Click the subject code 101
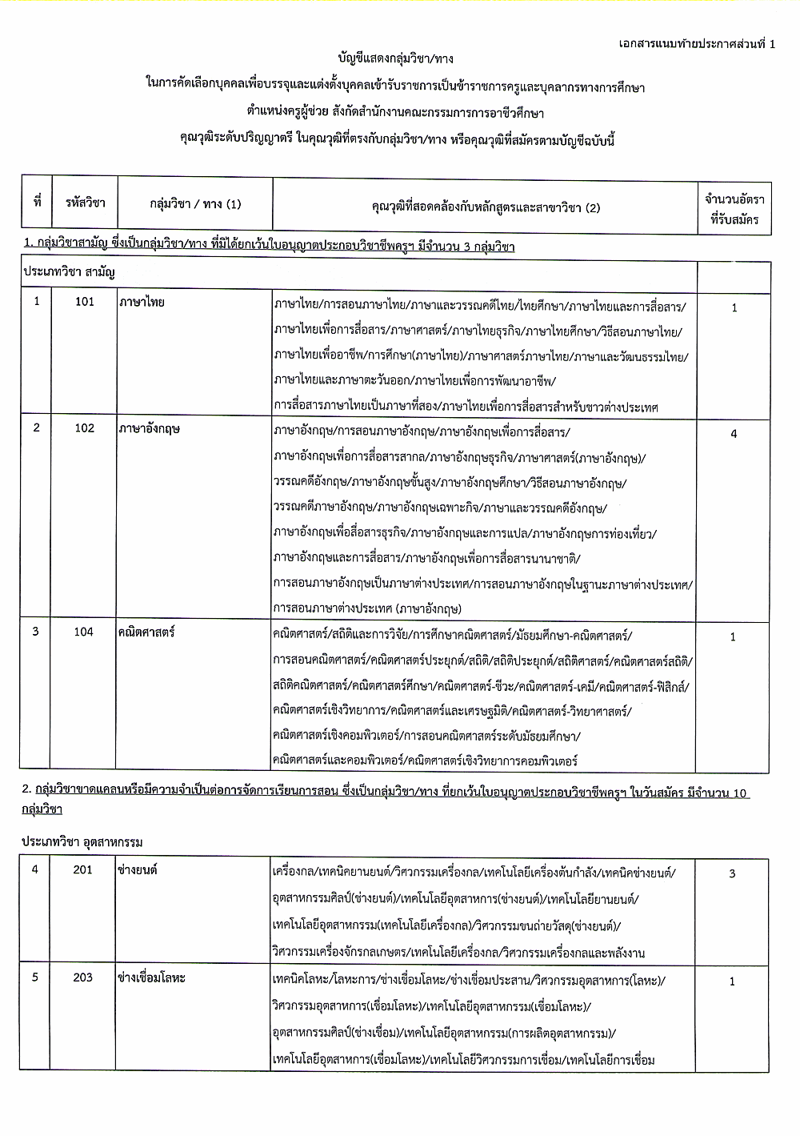[x=84, y=302]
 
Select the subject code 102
[x=84, y=428]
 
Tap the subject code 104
[x=84, y=632]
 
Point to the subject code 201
[x=83, y=869]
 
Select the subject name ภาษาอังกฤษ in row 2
[x=150, y=428]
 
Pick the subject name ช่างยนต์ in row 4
[x=138, y=870]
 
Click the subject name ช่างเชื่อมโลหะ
[x=151, y=977]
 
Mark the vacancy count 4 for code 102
[x=734, y=434]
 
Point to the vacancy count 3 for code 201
[x=732, y=873]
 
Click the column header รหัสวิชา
[x=85, y=203]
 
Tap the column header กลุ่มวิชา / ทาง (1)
[x=195, y=204]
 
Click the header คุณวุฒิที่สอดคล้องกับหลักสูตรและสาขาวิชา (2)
[x=486, y=208]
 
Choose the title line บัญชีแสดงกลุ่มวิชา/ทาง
[x=396, y=59]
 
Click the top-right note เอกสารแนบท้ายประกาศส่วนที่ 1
[x=697, y=44]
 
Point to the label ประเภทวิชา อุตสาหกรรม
[x=82, y=842]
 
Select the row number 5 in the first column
[x=34, y=977]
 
